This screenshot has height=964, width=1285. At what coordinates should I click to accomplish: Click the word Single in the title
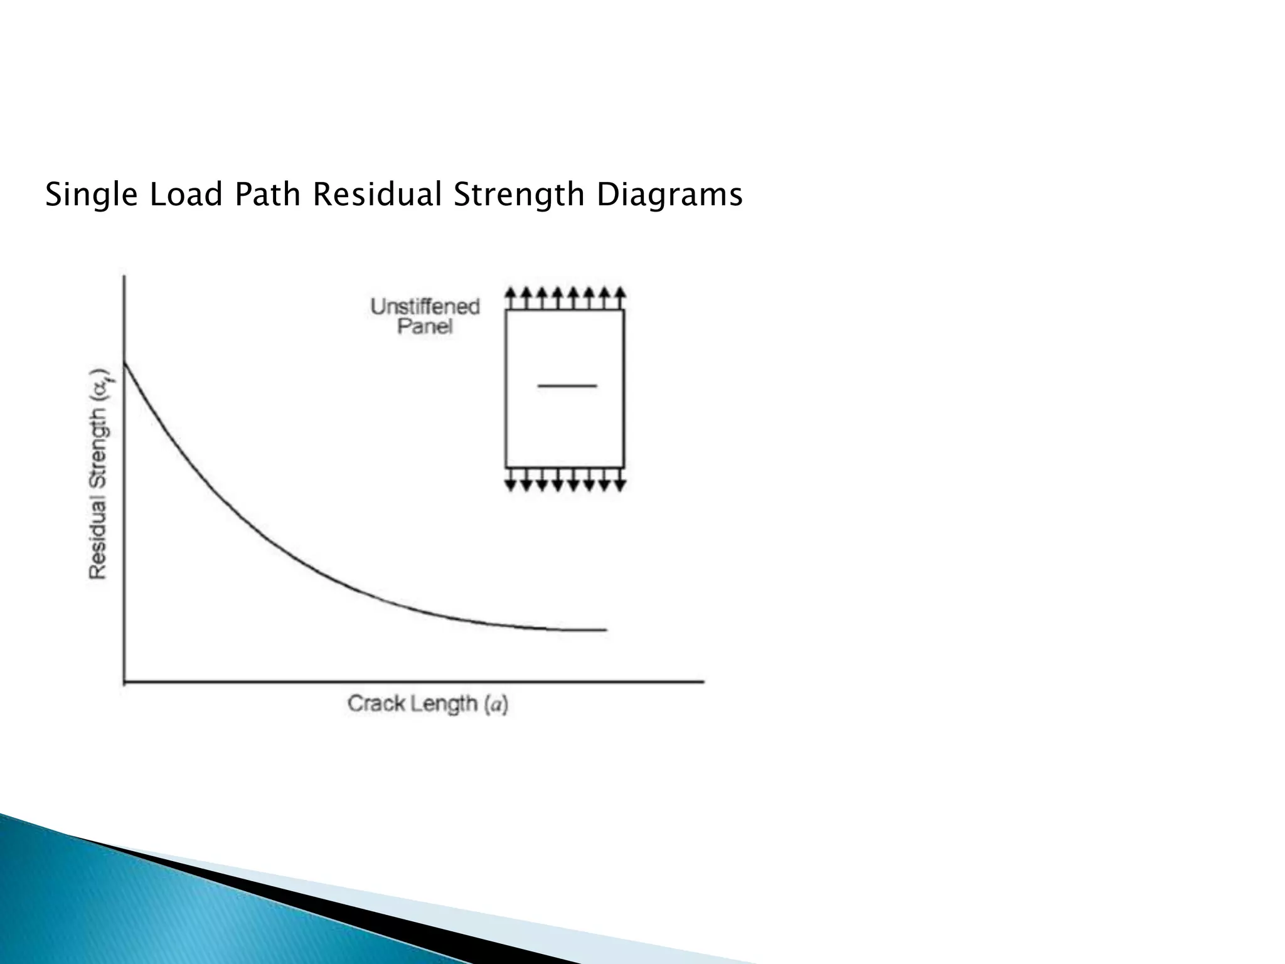click(91, 195)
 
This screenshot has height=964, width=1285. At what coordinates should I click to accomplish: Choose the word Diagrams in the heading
click(669, 195)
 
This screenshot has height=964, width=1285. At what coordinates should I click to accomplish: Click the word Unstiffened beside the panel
click(425, 307)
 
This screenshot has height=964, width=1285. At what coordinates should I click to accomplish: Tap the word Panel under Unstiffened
click(425, 327)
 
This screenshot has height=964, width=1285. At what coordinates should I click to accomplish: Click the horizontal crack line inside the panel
click(567, 385)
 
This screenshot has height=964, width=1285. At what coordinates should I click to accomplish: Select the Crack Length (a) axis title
click(427, 704)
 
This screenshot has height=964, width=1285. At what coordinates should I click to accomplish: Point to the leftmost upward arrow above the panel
click(511, 297)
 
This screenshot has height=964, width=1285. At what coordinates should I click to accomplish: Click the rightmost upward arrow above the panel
click(620, 297)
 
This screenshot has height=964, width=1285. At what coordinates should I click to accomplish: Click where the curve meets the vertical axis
click(124, 363)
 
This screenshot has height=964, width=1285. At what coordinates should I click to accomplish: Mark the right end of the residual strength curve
click(605, 629)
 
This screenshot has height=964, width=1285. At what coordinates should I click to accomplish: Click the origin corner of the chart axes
click(124, 681)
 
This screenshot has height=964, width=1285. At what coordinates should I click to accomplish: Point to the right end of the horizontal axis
click(703, 681)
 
